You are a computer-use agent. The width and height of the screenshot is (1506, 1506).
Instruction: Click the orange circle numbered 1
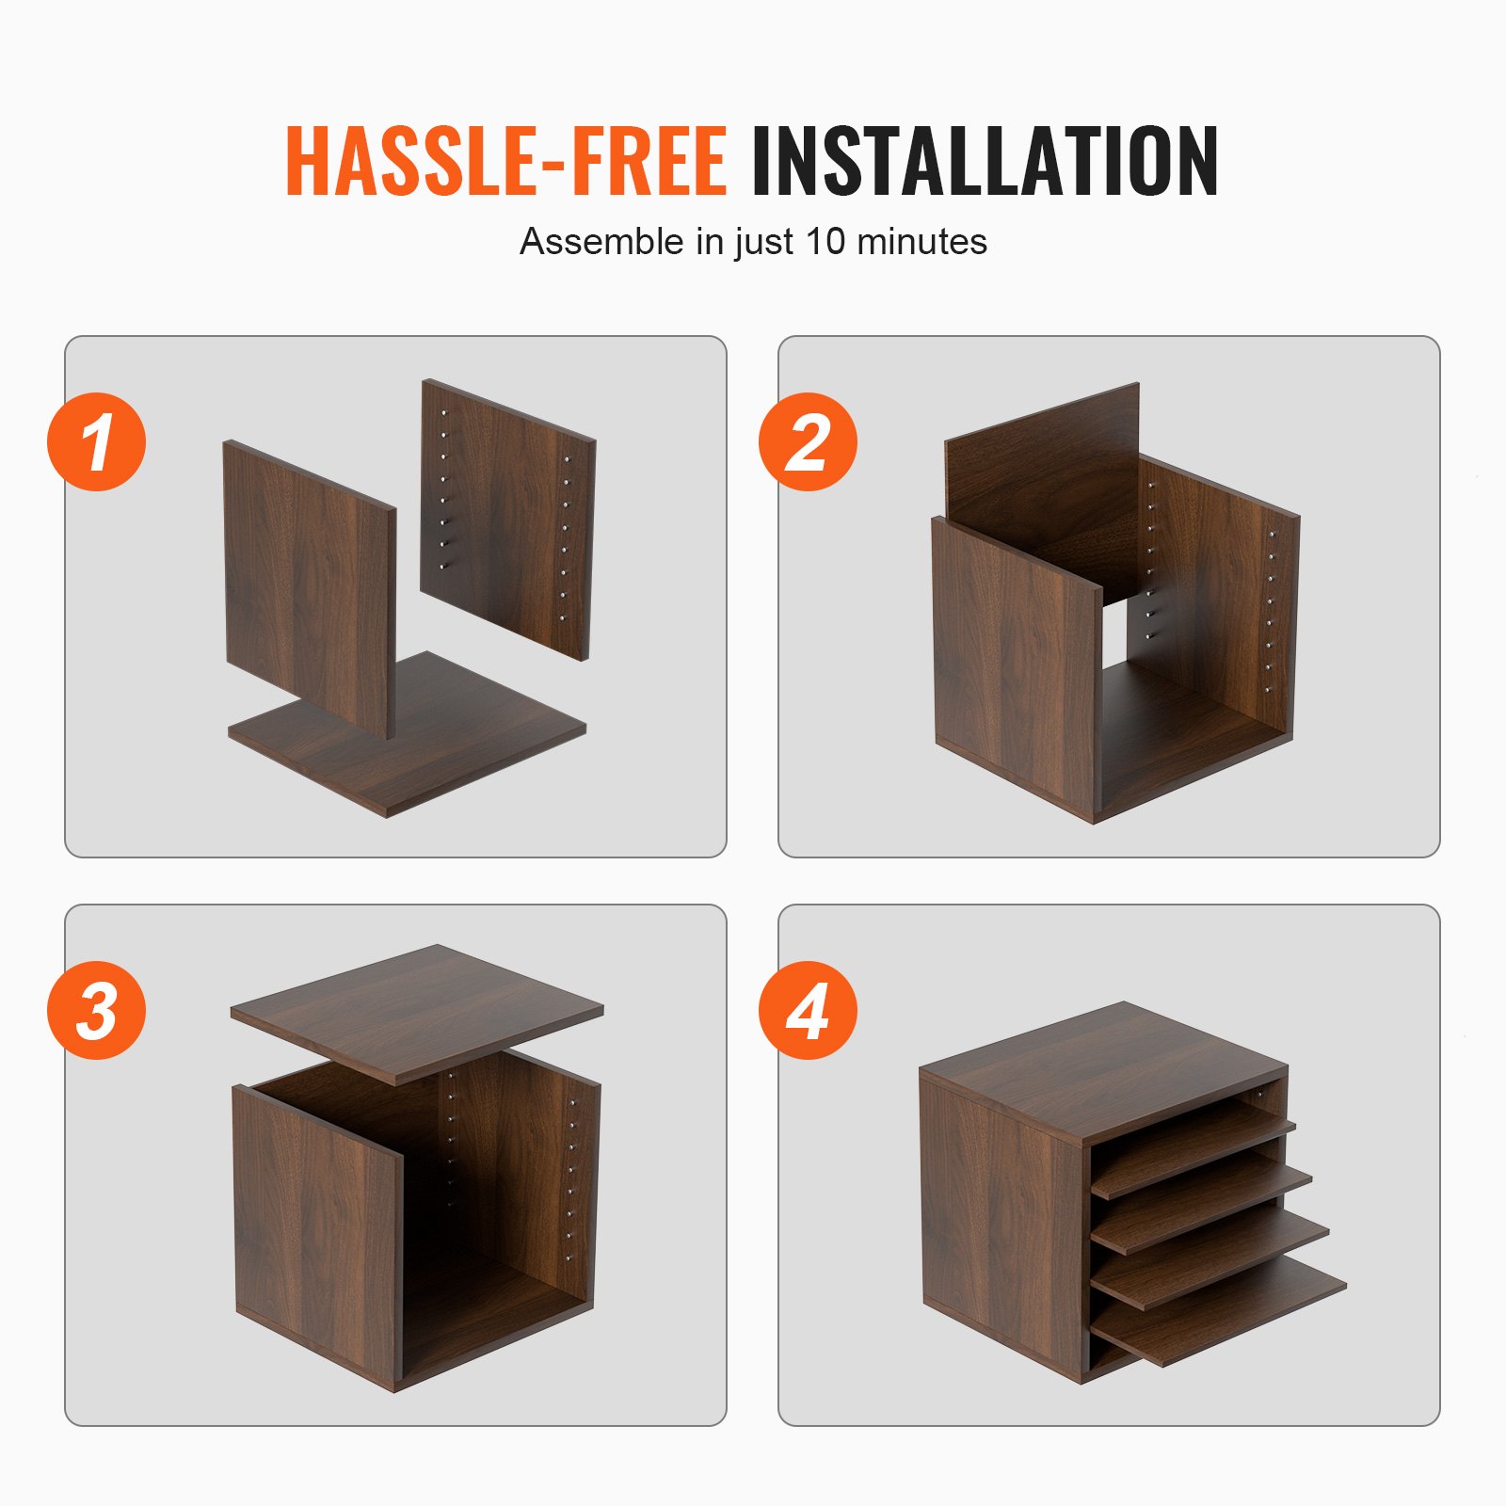(96, 441)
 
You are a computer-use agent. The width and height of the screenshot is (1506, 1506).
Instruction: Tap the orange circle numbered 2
(808, 441)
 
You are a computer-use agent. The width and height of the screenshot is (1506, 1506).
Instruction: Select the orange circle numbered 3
(96, 1010)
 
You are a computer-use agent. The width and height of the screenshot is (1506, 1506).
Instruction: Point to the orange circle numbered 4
(808, 1010)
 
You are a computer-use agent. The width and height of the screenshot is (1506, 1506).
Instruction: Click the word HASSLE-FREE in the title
(505, 161)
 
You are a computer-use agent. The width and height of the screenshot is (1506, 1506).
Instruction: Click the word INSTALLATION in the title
(984, 161)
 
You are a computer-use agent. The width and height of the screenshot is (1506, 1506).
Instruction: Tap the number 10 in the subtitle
(825, 242)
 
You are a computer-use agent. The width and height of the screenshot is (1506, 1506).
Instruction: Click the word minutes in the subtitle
(921, 242)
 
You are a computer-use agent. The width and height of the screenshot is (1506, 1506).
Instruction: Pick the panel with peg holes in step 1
(508, 518)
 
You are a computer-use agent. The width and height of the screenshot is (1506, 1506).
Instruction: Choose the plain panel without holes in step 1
(308, 584)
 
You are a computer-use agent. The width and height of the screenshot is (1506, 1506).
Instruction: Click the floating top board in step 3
(417, 1012)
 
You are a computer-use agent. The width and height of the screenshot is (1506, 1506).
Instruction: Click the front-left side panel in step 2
(1015, 668)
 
